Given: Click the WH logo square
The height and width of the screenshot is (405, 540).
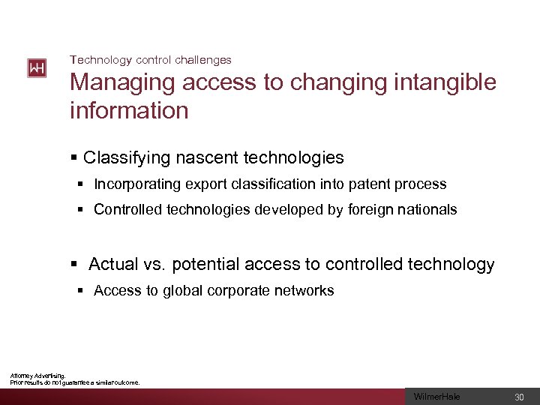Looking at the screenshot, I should [37, 68].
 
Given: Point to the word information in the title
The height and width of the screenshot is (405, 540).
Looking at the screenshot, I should [129, 110].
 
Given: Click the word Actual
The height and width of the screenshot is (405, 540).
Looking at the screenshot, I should [113, 264].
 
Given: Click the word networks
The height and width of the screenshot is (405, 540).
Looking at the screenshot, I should [303, 290].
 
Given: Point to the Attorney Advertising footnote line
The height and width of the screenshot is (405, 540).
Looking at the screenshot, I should [37, 376].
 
